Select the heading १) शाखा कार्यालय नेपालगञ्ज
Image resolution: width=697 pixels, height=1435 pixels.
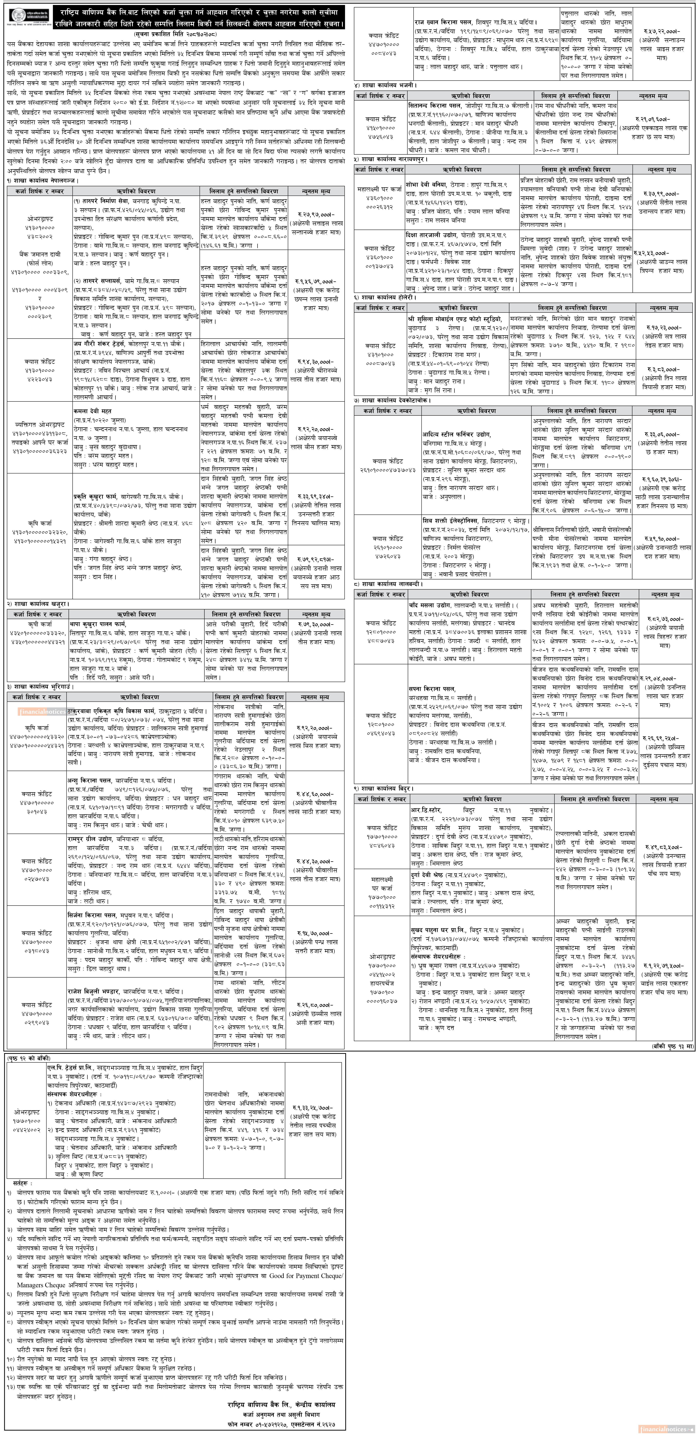[x=43, y=181]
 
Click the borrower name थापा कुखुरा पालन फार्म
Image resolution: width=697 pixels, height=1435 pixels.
[x=97, y=624]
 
